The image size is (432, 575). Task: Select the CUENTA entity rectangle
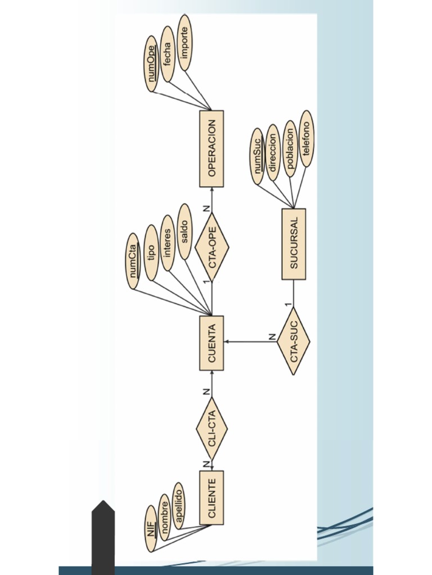tap(211, 343)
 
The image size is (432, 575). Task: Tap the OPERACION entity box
tap(211, 149)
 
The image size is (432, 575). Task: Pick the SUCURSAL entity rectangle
tap(294, 244)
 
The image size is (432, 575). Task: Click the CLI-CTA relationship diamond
tap(211, 428)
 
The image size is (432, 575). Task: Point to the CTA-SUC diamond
tap(294, 341)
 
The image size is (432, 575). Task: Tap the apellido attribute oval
tap(178, 505)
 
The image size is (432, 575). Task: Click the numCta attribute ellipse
tap(133, 261)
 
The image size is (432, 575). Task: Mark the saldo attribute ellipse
tap(184, 231)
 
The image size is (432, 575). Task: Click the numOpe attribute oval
tap(151, 63)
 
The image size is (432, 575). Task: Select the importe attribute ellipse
tap(184, 43)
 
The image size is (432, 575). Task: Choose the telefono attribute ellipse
tap(306, 139)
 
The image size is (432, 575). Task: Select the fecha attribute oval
tap(167, 54)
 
